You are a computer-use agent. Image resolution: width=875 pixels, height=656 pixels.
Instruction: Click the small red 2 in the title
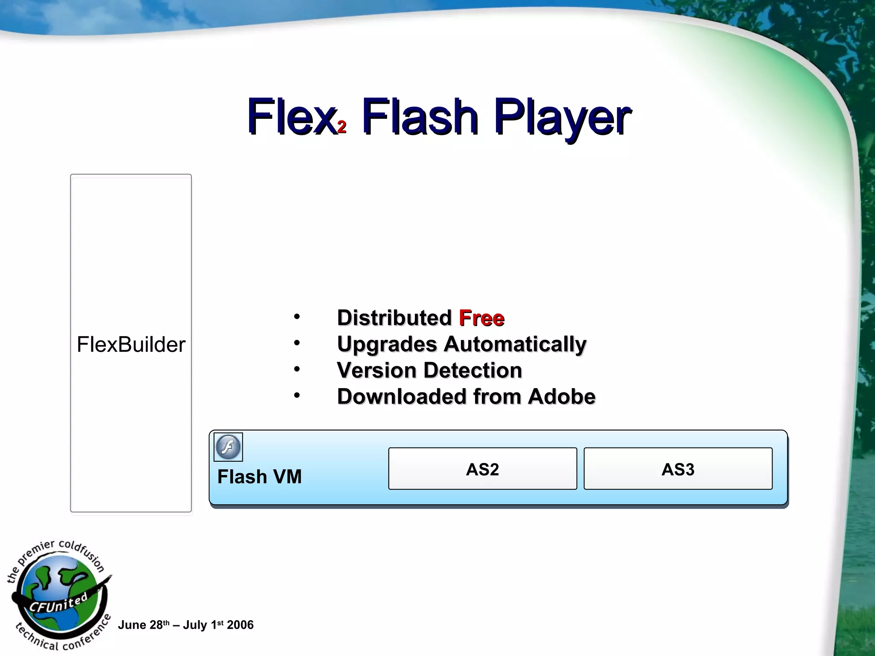pos(341,127)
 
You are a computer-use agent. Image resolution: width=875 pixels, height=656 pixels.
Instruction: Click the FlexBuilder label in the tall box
pos(131,344)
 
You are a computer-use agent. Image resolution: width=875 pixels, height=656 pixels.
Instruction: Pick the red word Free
pos(482,318)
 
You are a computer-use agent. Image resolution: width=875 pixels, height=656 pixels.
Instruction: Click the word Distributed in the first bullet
pos(394,318)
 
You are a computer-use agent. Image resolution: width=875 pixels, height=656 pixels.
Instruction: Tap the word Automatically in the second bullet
pos(515,344)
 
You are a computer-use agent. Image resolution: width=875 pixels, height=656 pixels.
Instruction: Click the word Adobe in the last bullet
pos(561,396)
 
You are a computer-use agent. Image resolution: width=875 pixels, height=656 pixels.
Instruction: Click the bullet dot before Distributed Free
pos(297,317)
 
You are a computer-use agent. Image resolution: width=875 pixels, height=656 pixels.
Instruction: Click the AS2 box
pos(482,469)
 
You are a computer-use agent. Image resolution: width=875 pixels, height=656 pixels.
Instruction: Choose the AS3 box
pos(678,469)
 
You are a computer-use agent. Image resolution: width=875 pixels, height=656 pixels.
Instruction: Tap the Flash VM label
pos(259,477)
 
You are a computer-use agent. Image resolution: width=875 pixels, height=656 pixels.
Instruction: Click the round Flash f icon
pos(228,447)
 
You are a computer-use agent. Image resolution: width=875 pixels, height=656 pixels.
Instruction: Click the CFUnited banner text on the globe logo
pos(58,603)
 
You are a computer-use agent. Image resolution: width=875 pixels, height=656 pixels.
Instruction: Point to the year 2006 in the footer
pos(240,625)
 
